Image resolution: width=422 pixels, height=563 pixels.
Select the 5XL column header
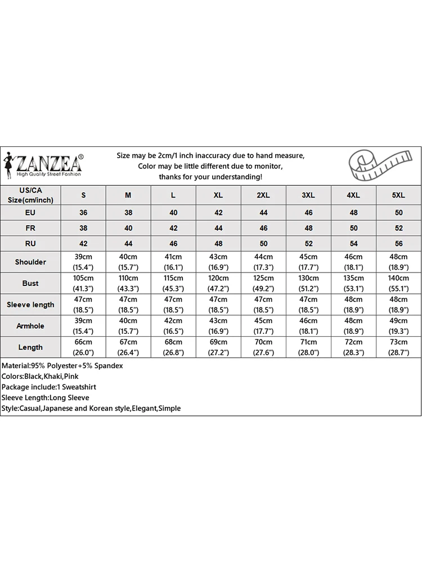coord(398,195)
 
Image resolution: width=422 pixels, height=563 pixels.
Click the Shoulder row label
coord(30,262)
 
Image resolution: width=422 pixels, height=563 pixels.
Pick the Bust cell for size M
coord(128,283)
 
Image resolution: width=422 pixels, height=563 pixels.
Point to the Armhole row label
coord(30,326)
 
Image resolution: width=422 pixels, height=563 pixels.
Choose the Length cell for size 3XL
coord(308,347)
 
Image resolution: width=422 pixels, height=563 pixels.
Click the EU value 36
coord(83,213)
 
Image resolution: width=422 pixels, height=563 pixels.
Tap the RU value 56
coord(398,244)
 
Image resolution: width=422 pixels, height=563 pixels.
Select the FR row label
coord(30,229)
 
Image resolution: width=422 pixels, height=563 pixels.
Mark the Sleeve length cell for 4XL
coord(353,305)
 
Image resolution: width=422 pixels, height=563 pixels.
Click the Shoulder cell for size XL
coord(218,262)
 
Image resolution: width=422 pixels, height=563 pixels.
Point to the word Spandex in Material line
coord(109,365)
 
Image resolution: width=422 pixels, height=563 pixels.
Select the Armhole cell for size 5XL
coord(398,326)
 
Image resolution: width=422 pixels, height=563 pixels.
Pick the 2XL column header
coord(263,195)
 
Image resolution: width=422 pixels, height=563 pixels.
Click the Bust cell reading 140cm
coord(398,283)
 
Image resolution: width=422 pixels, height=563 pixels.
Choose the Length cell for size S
coord(83,347)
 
